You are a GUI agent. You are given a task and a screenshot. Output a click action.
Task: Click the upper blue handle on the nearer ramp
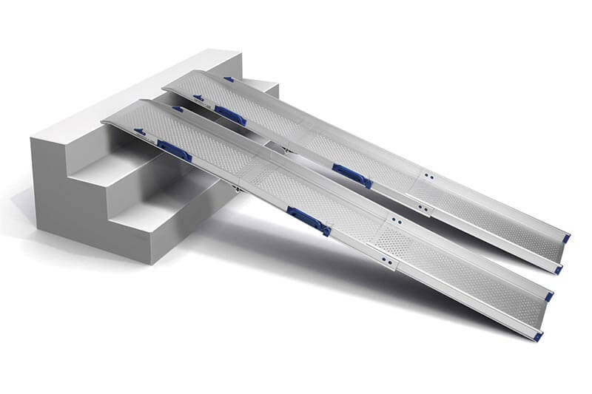tap(174, 150)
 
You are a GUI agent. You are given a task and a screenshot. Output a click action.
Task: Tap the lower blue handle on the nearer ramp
tap(309, 220)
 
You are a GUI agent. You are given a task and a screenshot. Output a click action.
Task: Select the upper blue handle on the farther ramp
tap(230, 115)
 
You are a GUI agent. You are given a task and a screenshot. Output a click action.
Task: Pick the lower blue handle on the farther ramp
tap(351, 175)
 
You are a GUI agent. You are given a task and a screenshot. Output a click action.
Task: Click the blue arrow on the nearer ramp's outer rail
tap(139, 132)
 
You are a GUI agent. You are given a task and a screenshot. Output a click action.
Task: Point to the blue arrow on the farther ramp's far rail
tap(229, 78)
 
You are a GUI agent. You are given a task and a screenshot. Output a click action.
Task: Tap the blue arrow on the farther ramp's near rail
tap(198, 97)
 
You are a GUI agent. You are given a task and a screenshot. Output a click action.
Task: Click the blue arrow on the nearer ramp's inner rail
tap(177, 109)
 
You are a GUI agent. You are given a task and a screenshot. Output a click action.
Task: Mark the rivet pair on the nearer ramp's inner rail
tap(397, 220)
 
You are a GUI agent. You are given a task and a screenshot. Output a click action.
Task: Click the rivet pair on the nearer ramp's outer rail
tap(386, 261)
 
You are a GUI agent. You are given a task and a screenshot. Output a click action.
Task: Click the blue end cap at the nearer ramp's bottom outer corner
tap(538, 336)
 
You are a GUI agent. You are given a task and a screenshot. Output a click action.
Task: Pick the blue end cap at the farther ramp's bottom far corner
tap(566, 238)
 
